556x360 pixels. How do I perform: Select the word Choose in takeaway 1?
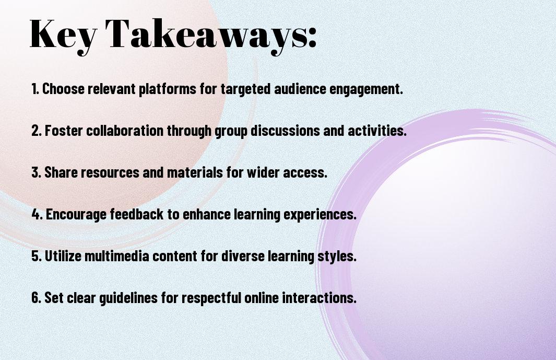(64, 89)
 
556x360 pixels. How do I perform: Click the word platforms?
(167, 89)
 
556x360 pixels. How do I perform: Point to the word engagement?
(366, 89)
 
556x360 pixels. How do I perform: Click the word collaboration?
(125, 131)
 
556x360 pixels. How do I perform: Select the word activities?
(377, 131)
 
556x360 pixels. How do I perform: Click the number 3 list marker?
(36, 172)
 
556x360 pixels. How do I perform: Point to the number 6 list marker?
(36, 297)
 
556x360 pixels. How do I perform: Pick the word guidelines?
(128, 298)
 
